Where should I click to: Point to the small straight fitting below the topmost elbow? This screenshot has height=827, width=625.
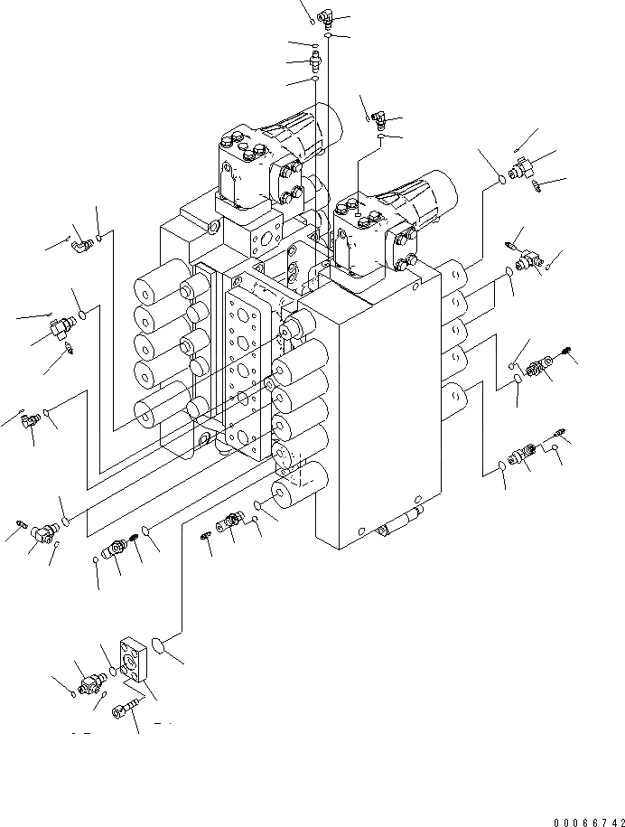point(314,61)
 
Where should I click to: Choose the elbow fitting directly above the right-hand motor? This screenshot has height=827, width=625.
point(380,117)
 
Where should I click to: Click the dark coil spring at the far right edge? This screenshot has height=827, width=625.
point(565,353)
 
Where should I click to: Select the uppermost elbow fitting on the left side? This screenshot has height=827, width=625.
point(82,241)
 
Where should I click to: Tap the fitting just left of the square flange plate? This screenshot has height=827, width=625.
point(91,683)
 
